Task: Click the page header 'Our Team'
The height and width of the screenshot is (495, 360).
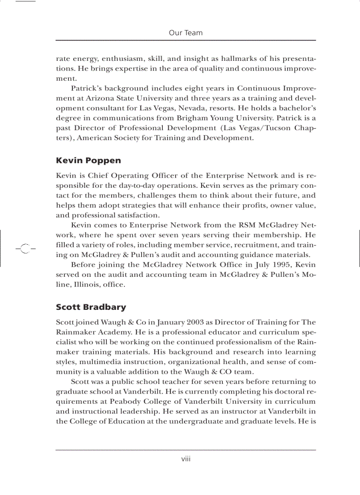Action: coord(186,33)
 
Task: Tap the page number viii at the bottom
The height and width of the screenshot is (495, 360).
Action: coord(186,459)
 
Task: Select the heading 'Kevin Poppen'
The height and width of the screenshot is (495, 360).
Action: coord(88,160)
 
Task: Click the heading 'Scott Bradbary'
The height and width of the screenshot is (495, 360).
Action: coord(91,307)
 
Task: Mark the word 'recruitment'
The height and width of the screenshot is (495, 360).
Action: coord(247,245)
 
